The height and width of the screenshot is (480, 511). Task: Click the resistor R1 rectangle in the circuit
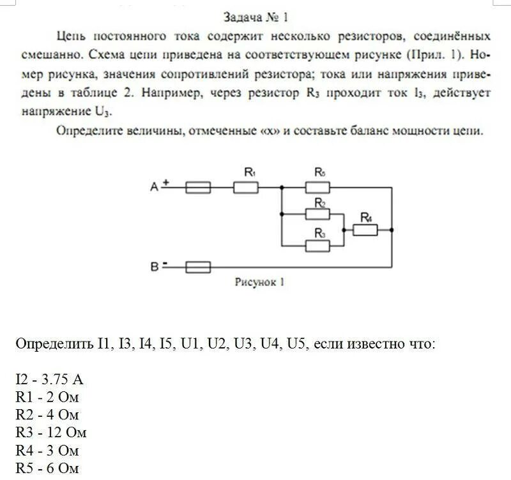245,187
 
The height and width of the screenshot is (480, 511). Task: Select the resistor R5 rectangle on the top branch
317,187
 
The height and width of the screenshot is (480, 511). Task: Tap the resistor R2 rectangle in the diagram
317,212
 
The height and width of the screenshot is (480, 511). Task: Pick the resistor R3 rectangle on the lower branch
317,244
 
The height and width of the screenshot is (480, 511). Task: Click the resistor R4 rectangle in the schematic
365,228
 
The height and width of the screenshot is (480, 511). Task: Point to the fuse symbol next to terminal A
198,187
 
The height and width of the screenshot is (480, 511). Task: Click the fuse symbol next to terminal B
198,267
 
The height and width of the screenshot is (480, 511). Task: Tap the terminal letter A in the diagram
153,187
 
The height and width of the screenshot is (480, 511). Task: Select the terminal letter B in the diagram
154,267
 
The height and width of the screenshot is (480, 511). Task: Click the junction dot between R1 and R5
282,187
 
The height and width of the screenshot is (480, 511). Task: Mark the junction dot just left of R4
343,228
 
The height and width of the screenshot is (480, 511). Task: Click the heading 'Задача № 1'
256,15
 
